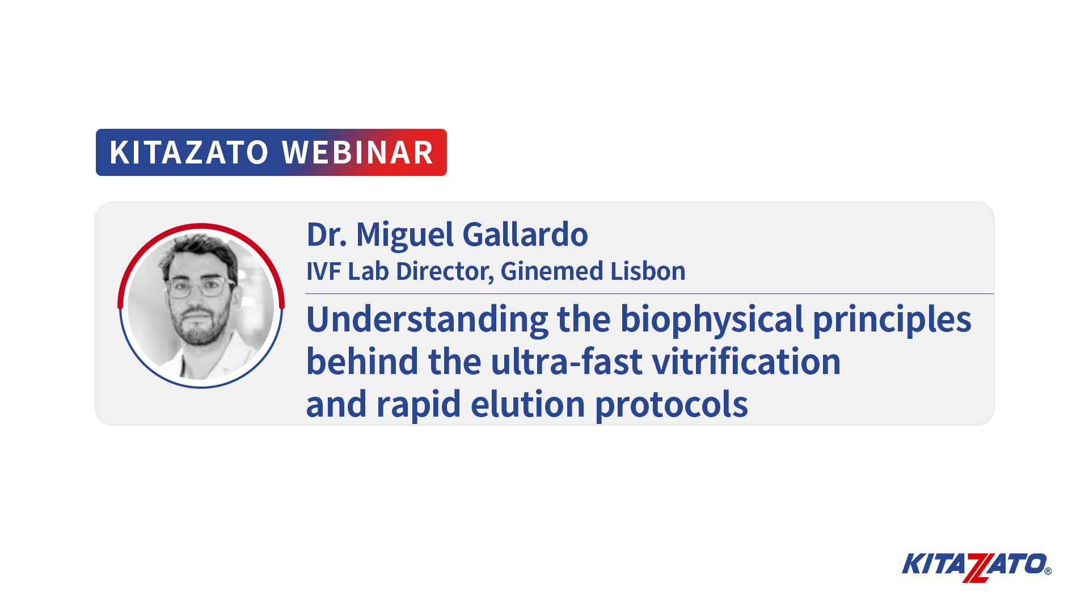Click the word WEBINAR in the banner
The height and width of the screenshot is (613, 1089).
(x=358, y=152)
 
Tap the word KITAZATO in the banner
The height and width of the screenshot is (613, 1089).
(x=189, y=152)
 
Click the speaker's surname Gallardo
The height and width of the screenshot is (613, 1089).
(x=525, y=234)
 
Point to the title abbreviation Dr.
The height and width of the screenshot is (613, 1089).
(x=327, y=234)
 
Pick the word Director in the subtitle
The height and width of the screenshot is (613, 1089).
(x=445, y=271)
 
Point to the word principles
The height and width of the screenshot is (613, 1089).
(x=892, y=320)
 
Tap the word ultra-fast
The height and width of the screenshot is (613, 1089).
(x=567, y=362)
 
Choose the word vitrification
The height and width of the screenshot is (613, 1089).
(x=746, y=362)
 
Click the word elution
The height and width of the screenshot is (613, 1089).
(x=527, y=404)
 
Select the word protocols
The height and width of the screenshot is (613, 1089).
(x=671, y=405)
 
